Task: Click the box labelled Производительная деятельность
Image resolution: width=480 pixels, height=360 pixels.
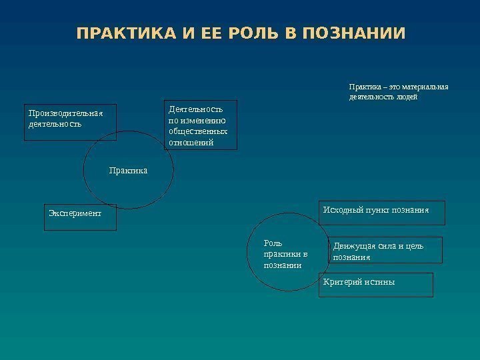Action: pos(70,122)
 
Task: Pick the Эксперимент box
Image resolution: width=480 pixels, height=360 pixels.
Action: pos(80,217)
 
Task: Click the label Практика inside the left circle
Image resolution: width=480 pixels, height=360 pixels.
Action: pos(128,171)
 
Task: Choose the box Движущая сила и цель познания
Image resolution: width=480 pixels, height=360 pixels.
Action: pos(386,251)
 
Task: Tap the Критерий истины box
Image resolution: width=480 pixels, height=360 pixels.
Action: pos(377,285)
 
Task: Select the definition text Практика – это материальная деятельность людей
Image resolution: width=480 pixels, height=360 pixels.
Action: pos(399,91)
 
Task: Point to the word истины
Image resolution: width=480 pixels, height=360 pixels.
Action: pos(381,281)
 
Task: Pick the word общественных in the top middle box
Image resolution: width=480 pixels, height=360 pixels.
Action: pos(198,131)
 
